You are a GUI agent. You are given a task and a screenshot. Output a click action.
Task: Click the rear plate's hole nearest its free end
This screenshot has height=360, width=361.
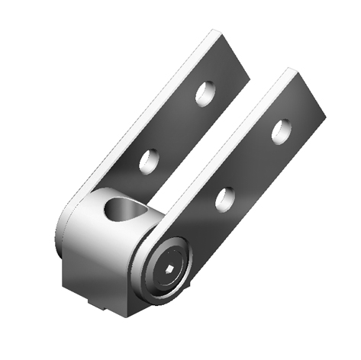click(204, 93)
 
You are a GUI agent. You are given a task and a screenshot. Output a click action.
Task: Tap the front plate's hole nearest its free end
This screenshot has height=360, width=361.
click(280, 130)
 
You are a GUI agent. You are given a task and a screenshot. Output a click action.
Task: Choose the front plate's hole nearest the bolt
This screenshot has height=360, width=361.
click(224, 198)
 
